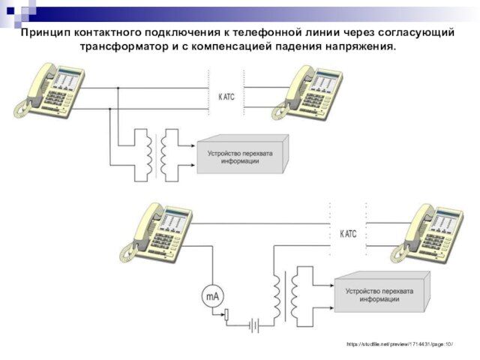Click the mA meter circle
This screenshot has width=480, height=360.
[x=211, y=297]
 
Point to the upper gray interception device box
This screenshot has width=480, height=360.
[x=241, y=156]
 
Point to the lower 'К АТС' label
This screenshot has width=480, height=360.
[x=349, y=234]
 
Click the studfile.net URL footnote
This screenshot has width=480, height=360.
[x=400, y=343]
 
